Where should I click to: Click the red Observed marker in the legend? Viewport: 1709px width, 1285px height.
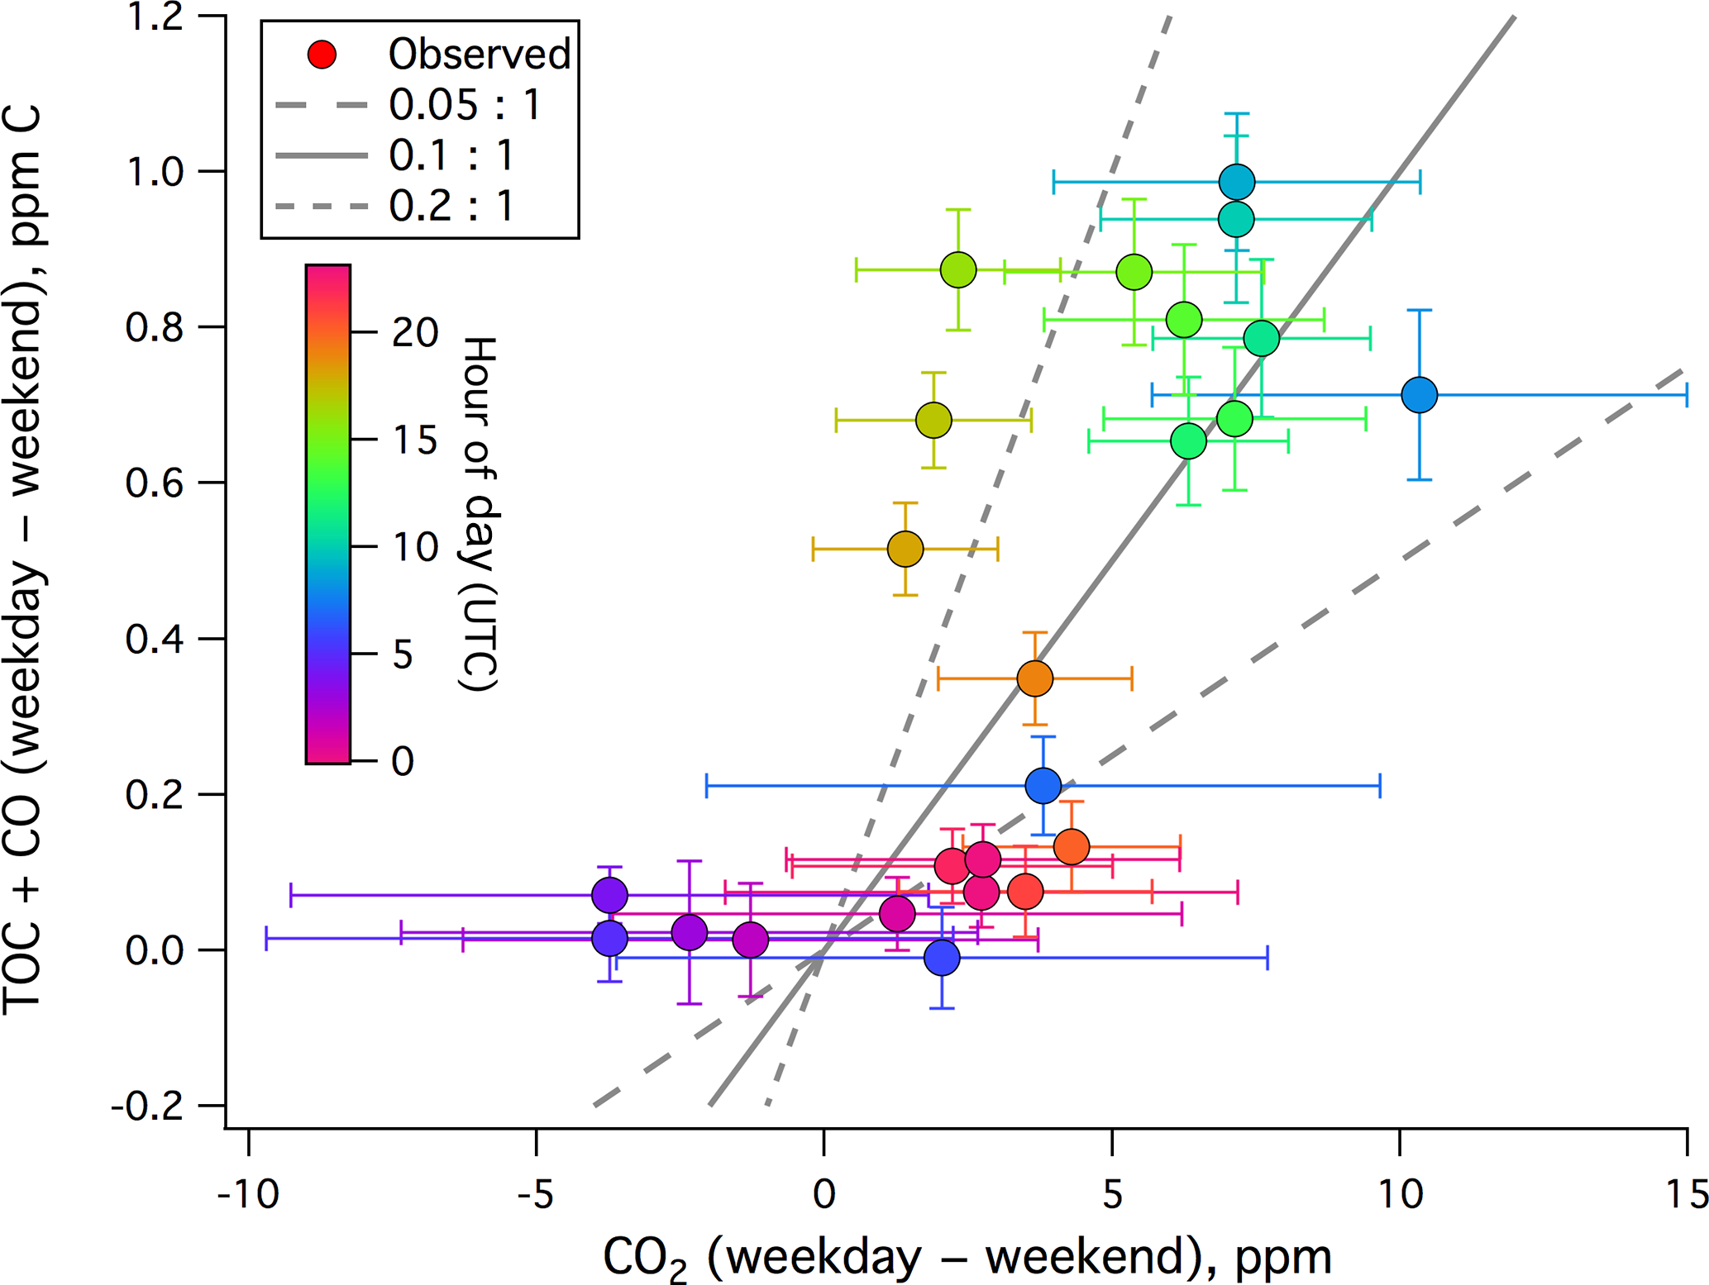coord(322,55)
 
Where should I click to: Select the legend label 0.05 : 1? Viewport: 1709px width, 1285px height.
coord(465,105)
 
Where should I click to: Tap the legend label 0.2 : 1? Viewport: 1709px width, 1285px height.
coord(451,206)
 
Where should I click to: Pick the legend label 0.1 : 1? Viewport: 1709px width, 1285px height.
coord(451,155)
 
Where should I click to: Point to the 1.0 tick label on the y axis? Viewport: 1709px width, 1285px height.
coord(155,172)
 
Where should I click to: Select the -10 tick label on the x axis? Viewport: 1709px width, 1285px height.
coord(247,1195)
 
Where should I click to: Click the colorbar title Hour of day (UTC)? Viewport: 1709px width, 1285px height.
coord(478,513)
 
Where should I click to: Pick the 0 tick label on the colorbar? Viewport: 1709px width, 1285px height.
coord(403,761)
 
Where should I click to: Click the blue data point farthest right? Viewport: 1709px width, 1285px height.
coord(1420,395)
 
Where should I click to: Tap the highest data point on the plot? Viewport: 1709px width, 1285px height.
coord(1237,182)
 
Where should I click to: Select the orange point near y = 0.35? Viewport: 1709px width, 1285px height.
coord(1035,679)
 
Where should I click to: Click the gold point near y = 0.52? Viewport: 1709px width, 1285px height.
coord(905,549)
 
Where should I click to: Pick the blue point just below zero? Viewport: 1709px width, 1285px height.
coord(942,958)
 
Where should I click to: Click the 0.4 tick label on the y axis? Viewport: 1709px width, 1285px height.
coord(155,640)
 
